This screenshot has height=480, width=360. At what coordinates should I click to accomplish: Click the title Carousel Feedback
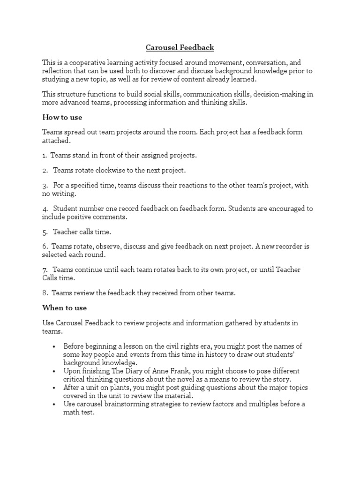(x=180, y=47)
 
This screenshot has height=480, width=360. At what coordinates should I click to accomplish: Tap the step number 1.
(x=44, y=155)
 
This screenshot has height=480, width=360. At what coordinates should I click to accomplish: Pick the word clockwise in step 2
(x=110, y=170)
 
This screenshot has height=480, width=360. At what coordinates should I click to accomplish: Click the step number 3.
(x=44, y=185)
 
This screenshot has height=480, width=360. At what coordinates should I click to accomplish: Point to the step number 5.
(x=44, y=232)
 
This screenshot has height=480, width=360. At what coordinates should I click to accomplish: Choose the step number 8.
(x=44, y=293)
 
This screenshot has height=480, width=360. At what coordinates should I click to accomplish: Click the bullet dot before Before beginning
(x=54, y=346)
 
